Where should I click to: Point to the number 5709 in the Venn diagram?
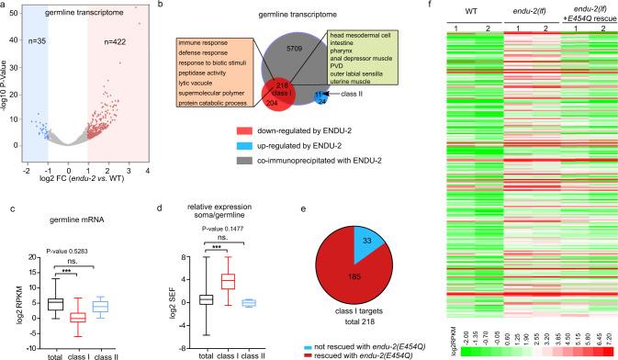(281, 39)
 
